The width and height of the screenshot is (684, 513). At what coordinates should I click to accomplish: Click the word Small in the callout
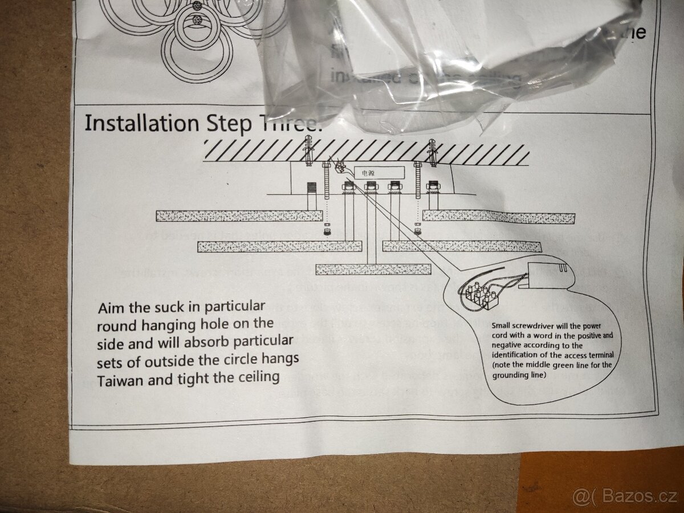pos(504,326)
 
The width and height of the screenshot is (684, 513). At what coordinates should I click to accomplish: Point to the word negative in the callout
pos(509,345)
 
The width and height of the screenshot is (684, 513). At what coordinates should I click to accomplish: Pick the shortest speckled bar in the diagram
pos(373,269)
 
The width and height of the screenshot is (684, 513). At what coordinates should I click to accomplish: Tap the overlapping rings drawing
pos(194,34)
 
